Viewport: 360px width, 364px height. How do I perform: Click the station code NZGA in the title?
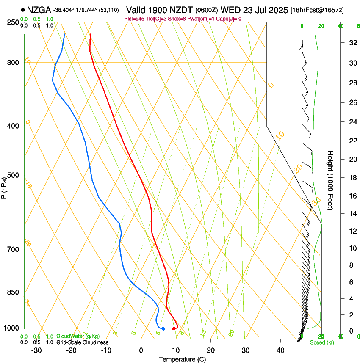point(39,10)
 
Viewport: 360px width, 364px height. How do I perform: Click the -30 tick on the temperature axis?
point(36,350)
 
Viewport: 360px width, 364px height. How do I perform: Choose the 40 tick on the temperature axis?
point(280,350)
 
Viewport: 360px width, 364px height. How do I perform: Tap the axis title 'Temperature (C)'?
point(182,359)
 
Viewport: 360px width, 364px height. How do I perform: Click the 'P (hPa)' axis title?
point(4,186)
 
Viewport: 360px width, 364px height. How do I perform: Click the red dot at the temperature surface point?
point(174,329)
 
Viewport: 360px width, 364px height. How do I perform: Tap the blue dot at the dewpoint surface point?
point(163,329)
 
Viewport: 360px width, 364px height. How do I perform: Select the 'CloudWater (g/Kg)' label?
point(78,336)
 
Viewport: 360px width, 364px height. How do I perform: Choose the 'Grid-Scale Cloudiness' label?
point(82,342)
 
